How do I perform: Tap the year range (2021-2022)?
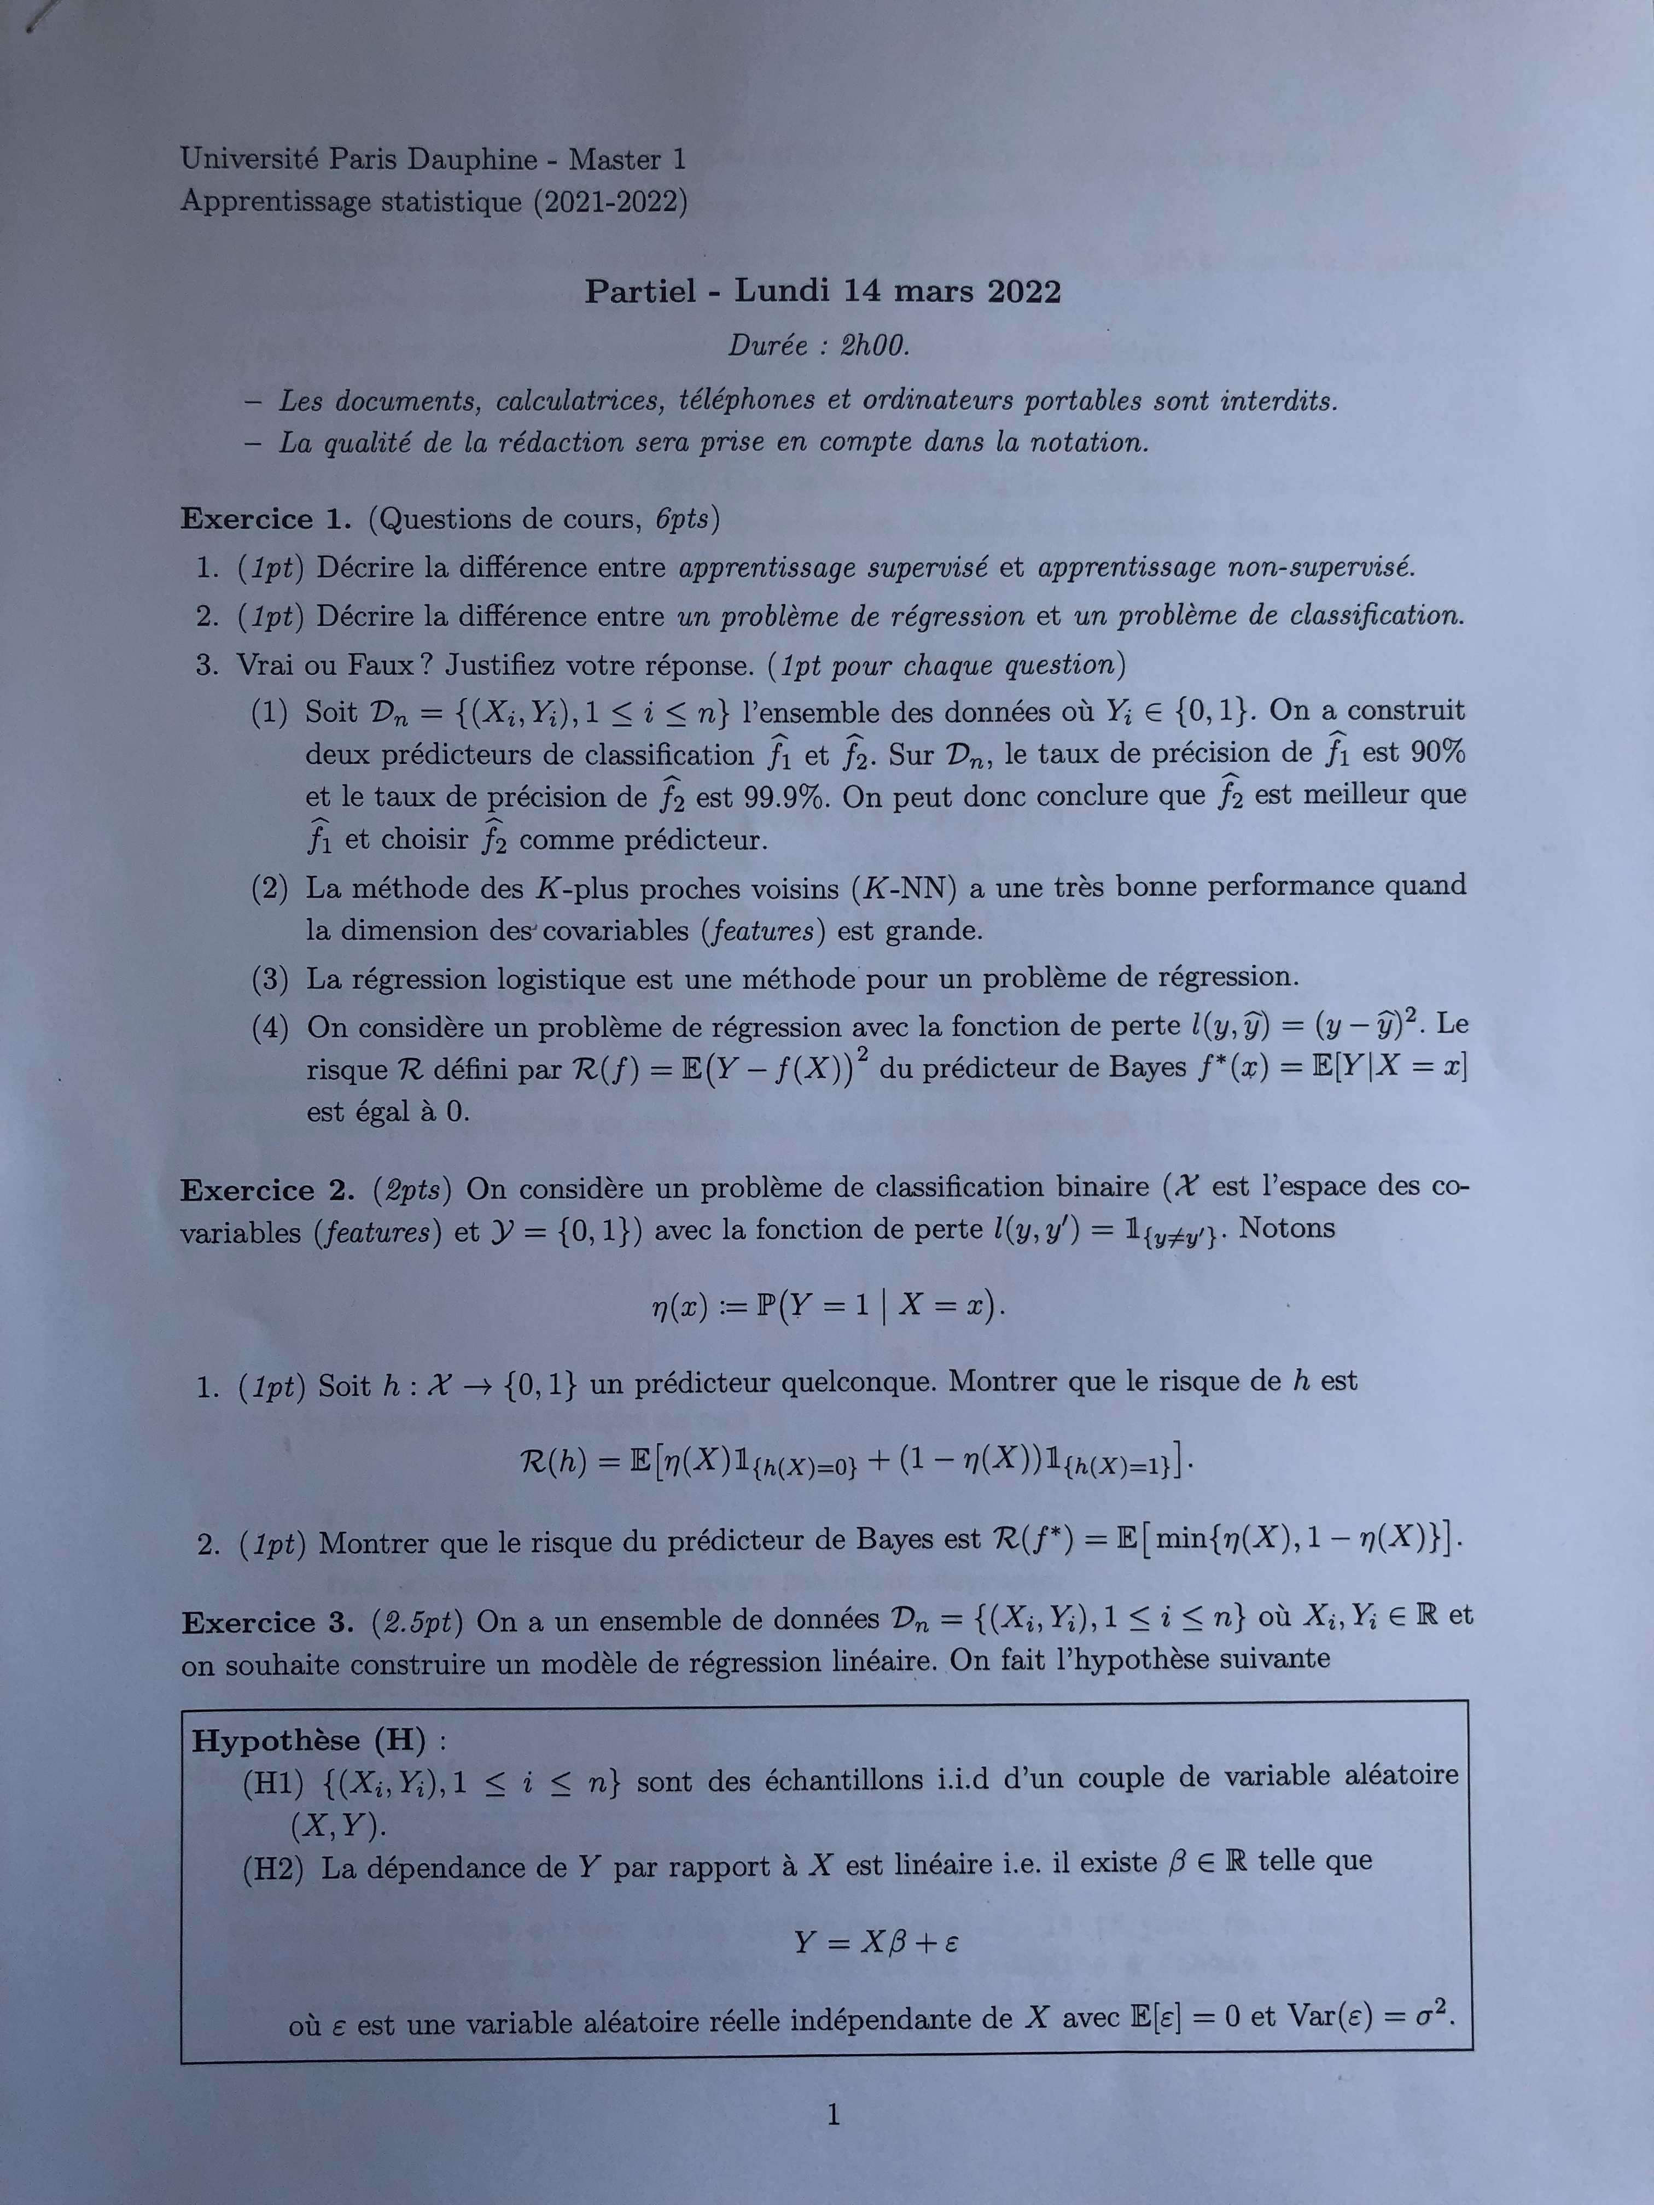click(610, 202)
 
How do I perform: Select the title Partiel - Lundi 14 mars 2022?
click(823, 291)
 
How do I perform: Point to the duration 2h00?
click(875, 346)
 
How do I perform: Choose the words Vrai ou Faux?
click(323, 665)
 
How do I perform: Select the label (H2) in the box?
click(273, 1870)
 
